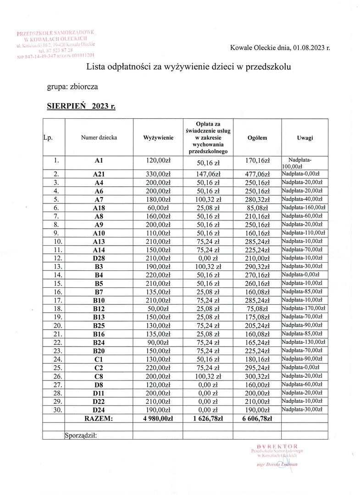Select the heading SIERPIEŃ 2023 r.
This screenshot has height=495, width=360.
[x=81, y=106]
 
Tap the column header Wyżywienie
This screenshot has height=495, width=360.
[x=158, y=137]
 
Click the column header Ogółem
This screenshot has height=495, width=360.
[x=257, y=137]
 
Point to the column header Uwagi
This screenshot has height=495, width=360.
[x=305, y=137]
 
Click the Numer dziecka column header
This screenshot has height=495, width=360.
[x=99, y=137]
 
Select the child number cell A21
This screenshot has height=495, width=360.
[x=99, y=174]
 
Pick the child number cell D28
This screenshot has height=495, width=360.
[x=99, y=258]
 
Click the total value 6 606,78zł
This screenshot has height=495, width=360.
[x=257, y=418]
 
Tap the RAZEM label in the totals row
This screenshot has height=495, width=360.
[x=99, y=418]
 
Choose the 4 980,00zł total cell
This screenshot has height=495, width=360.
[x=158, y=418]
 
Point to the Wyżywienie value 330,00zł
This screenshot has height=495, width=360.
[x=158, y=174]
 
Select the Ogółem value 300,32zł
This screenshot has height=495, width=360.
[x=257, y=376]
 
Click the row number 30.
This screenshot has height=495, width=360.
[x=54, y=409]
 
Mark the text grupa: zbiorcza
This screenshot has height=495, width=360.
[x=72, y=86]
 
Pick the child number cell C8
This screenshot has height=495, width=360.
[x=99, y=376]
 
